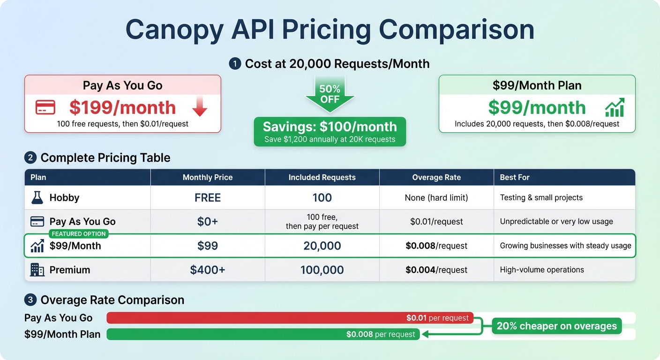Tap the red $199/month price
pos(122,108)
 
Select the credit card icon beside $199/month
pos(45,107)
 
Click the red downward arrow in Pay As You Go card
pos(200,107)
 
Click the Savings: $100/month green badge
pos(330,131)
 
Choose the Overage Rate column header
pos(436,177)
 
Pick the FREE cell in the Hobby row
pos(208,198)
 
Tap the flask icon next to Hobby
pos(37,198)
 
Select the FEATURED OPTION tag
pos(79,233)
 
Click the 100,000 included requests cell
pos(322,270)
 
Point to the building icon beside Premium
pos(37,270)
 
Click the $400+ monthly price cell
pos(208,270)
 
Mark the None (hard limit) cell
pos(436,198)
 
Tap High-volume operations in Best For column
pos(542,270)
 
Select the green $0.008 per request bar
pos(262,334)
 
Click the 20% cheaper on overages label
pos(557,326)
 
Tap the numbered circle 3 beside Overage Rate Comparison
pos(30,300)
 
